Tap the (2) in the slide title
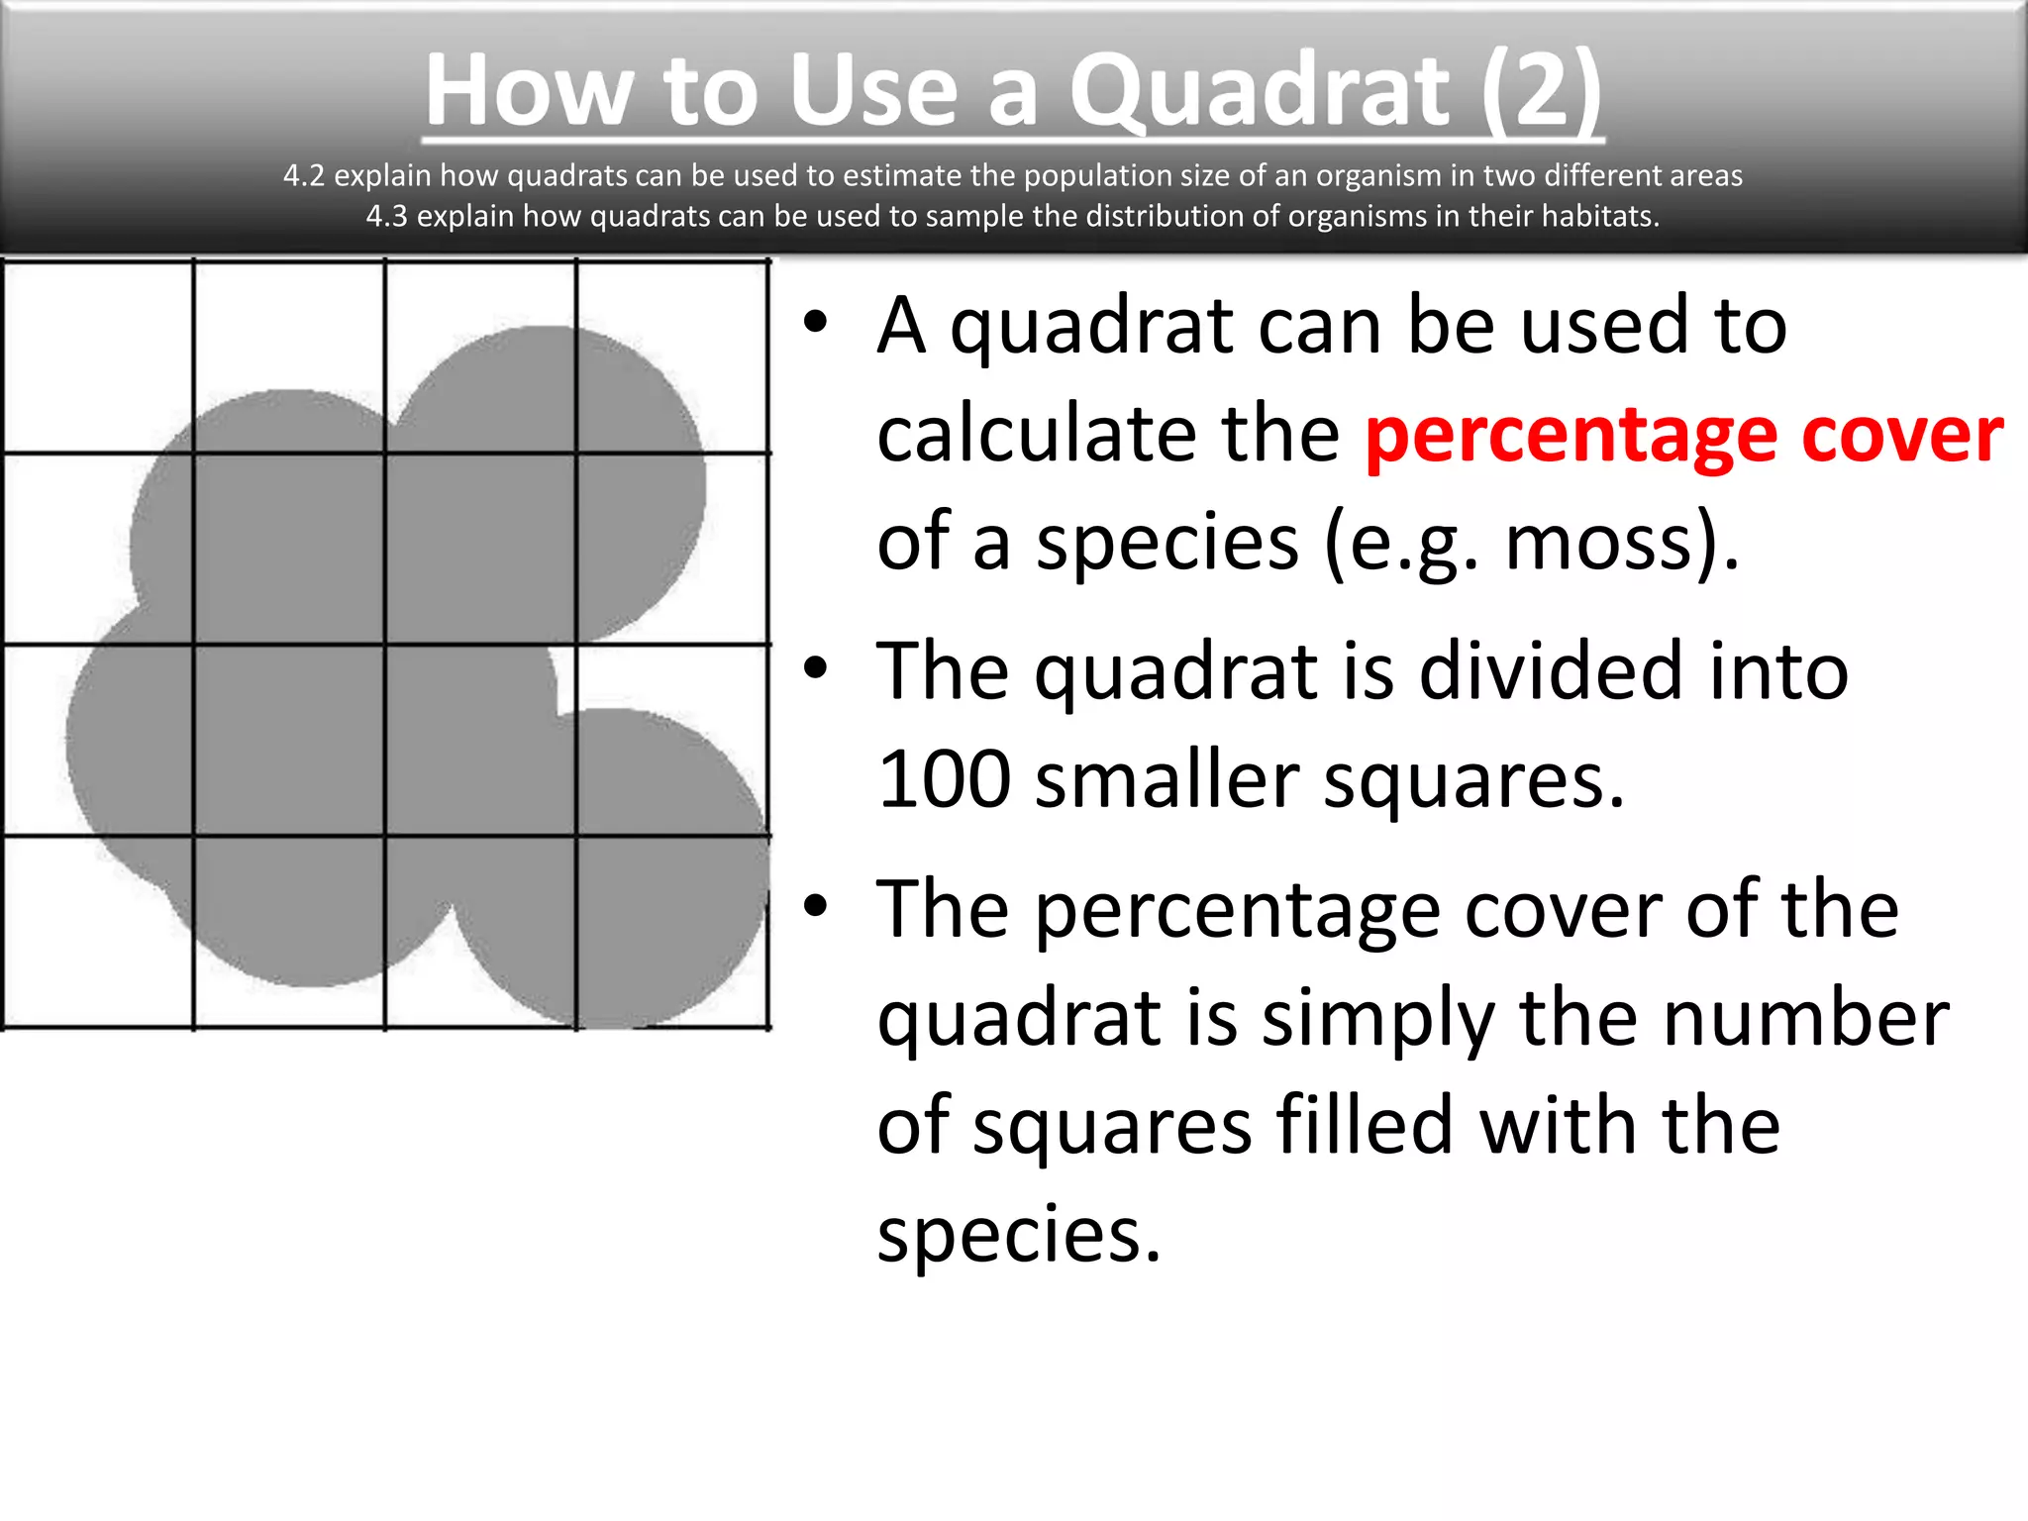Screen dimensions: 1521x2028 (1541, 91)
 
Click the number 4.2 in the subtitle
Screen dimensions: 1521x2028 (303, 175)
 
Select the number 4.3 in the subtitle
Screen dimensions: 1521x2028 (386, 216)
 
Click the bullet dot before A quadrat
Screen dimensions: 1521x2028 (815, 323)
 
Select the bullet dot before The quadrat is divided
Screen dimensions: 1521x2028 (815, 669)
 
